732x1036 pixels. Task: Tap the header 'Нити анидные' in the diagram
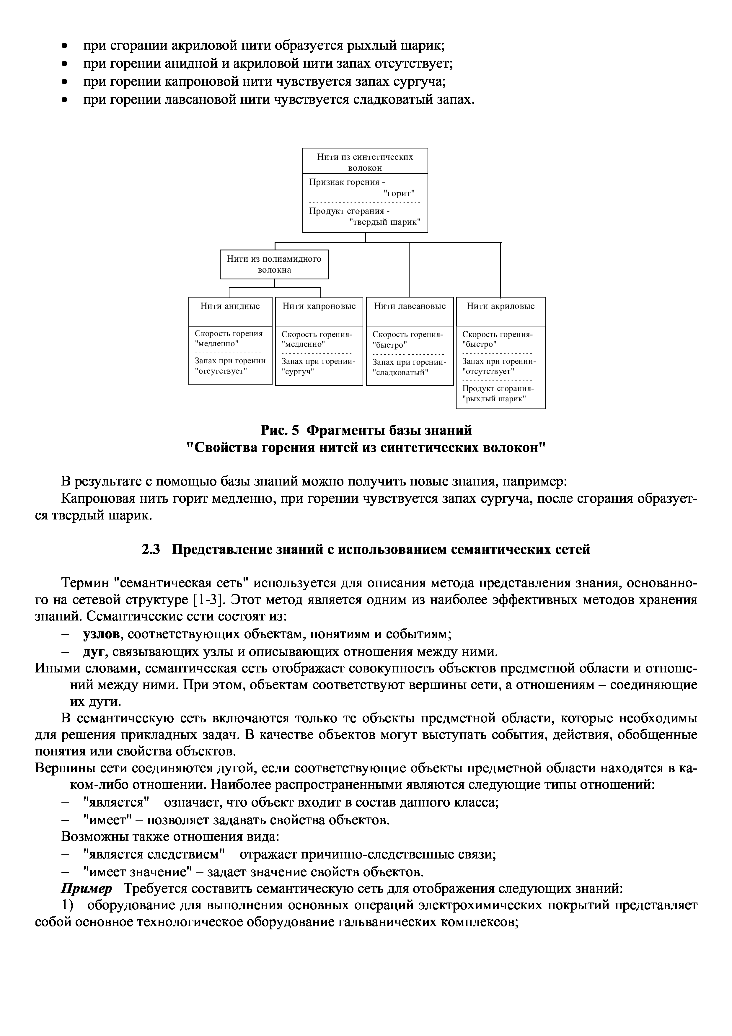(230, 306)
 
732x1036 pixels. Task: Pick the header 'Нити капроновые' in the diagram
(319, 306)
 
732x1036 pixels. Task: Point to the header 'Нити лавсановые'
(410, 306)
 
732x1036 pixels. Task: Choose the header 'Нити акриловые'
(500, 306)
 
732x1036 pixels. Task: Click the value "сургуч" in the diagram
(298, 372)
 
